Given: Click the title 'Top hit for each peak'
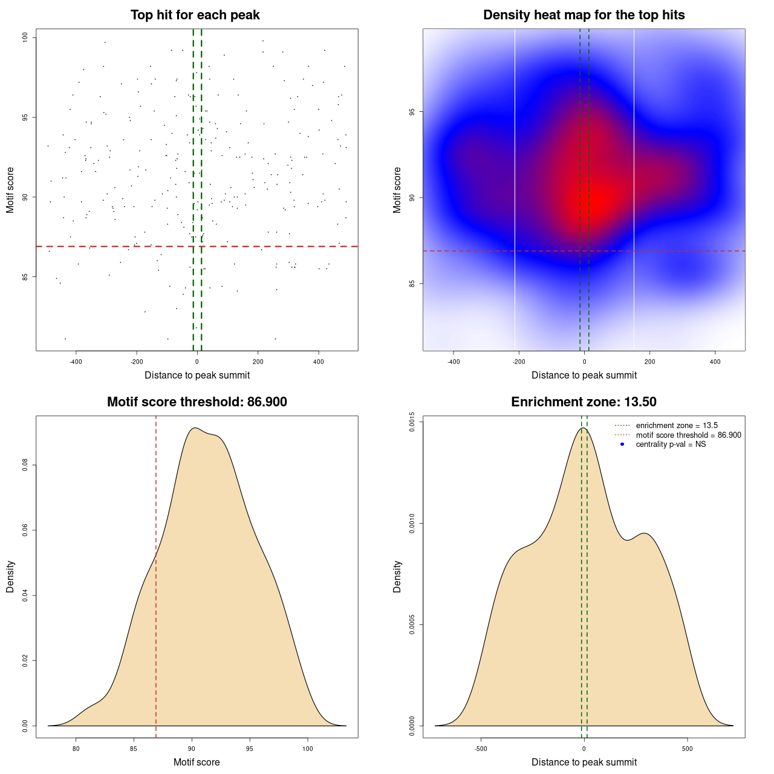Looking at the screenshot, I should click(195, 15).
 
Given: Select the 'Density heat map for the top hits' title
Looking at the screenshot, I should click(584, 15).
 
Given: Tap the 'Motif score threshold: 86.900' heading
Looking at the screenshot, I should click(197, 402).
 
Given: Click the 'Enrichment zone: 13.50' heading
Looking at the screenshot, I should click(584, 402).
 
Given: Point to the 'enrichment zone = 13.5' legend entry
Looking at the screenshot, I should click(677, 426).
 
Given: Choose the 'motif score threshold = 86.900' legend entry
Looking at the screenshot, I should click(688, 435).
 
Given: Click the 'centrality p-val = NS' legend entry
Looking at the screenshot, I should click(671, 444).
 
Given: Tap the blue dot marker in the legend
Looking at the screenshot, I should click(622, 444).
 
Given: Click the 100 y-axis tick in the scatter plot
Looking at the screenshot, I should click(25, 37).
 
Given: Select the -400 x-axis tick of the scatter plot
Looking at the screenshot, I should click(76, 362).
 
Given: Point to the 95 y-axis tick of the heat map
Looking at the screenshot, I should click(412, 112).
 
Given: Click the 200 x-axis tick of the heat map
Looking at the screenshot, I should click(650, 362).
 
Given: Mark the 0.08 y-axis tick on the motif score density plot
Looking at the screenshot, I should click(25, 465).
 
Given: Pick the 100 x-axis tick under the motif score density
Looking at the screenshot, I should click(308, 749).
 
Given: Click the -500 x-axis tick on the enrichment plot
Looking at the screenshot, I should click(481, 749).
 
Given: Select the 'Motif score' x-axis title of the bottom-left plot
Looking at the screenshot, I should click(197, 762).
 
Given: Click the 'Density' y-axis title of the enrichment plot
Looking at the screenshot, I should click(397, 576).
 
